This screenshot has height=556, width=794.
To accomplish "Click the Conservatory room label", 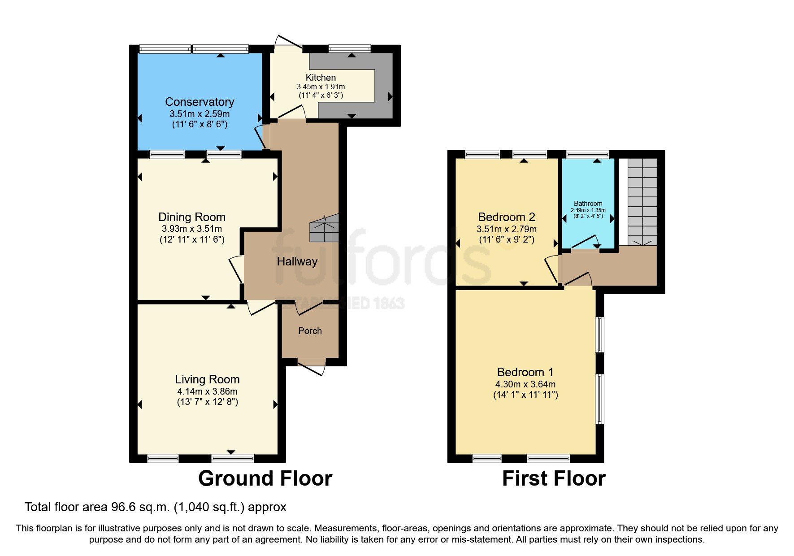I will click(200, 102).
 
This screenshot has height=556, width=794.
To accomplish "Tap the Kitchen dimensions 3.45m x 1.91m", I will click(321, 87).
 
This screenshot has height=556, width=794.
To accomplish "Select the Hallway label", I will click(297, 261).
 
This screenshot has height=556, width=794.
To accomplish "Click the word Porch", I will click(310, 331).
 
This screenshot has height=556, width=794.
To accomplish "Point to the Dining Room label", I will click(192, 217).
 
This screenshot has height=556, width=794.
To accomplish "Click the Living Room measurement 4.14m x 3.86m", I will click(207, 391).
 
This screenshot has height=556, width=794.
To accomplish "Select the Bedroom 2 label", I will click(506, 217).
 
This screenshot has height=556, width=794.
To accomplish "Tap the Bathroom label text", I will click(588, 204).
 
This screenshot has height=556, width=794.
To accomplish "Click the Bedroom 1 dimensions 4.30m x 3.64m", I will click(525, 384).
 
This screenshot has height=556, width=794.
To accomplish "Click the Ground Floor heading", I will click(265, 478).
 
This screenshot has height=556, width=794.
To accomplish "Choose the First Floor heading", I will click(554, 478).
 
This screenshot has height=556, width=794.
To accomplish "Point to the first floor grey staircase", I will click(642, 202).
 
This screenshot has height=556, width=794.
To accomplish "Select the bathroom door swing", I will click(585, 242).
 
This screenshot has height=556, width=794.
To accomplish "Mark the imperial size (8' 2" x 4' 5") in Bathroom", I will click(588, 216).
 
